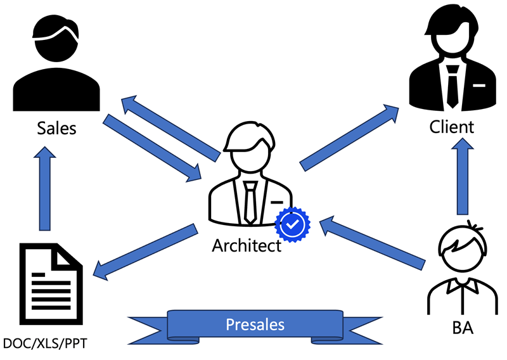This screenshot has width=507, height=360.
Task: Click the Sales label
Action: (x=56, y=128)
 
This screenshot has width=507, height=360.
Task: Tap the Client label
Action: (x=451, y=127)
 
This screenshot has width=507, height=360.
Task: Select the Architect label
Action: (x=247, y=245)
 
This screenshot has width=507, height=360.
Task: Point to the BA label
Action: (x=462, y=329)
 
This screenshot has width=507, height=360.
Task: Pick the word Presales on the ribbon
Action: (x=255, y=325)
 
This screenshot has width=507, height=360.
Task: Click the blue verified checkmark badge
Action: (x=292, y=224)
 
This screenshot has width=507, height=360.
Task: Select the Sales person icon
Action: (x=56, y=63)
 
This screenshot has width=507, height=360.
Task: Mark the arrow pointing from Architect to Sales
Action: (x=171, y=127)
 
